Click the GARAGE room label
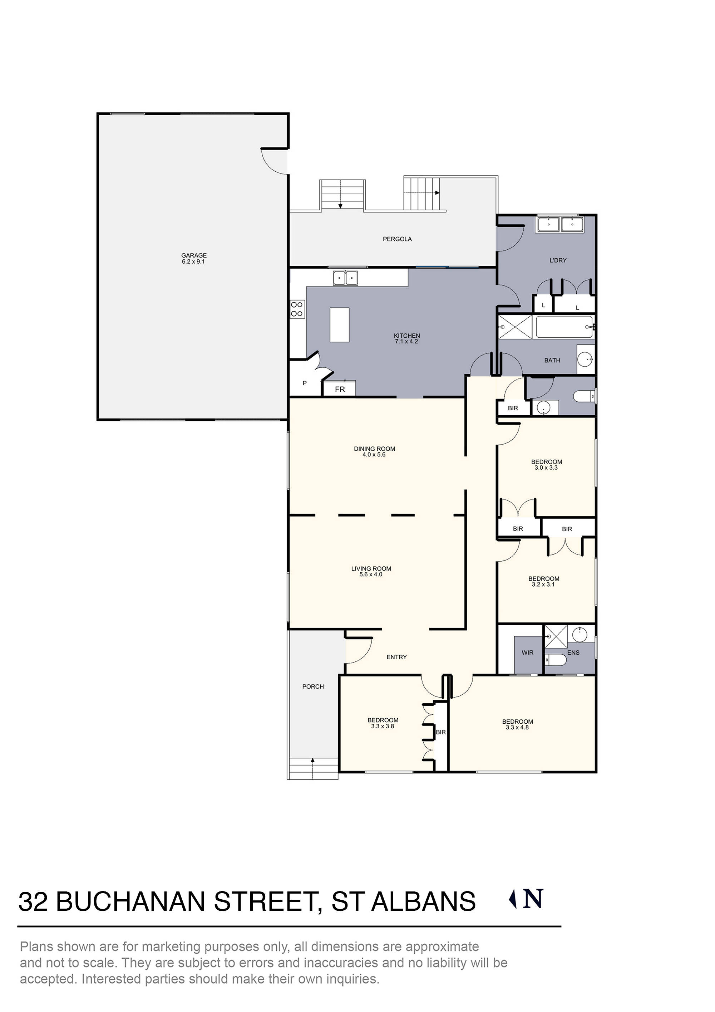pos(194,255)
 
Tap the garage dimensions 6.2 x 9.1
pos(194,261)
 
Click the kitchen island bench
pos(339,324)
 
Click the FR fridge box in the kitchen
pos(340,389)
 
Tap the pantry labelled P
pos(305,383)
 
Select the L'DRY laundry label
pos(558,260)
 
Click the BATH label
pos(552,360)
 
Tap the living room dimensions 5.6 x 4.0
pos(371,574)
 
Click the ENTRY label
pos(396,657)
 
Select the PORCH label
pos(313,686)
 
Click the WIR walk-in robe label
pos(527,652)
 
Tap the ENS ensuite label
pos(573,652)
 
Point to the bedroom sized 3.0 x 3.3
pos(546,465)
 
